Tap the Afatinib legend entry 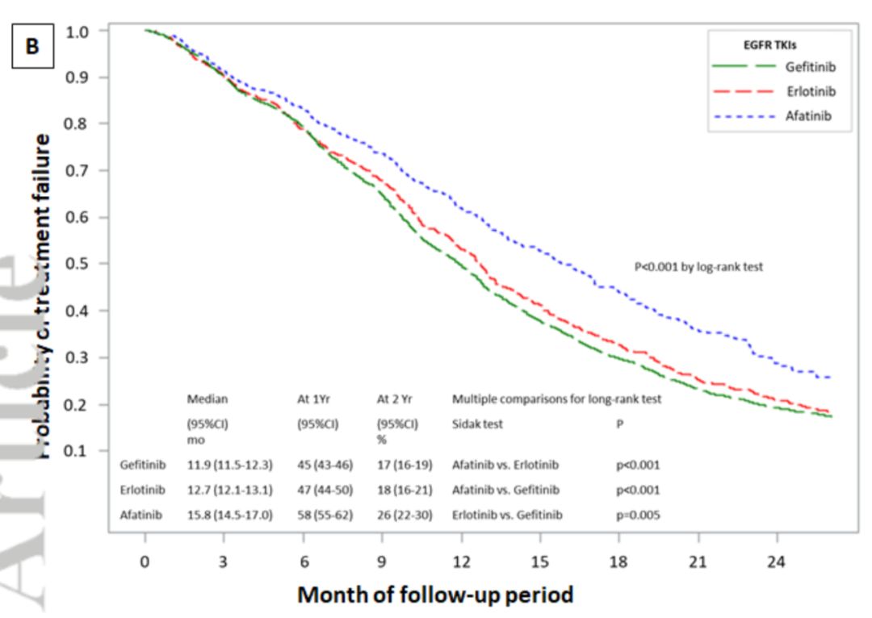coord(808,116)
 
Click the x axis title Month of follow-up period coord(436,595)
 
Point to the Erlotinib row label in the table coord(142,489)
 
